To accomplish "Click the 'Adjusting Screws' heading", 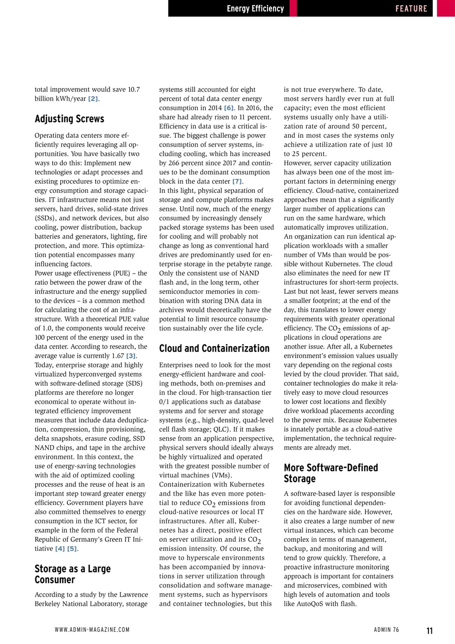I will point(69,119).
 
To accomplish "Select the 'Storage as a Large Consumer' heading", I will point(72,574).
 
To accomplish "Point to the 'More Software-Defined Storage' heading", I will point(331,473).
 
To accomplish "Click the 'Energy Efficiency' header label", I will point(255,9).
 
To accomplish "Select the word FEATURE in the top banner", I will point(411,9).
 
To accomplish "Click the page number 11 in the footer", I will point(429,630).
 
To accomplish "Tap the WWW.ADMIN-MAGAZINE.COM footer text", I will point(92,630).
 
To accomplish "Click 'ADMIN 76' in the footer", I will point(387,630).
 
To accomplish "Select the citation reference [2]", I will point(93,99).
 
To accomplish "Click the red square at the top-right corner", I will point(445,9).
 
